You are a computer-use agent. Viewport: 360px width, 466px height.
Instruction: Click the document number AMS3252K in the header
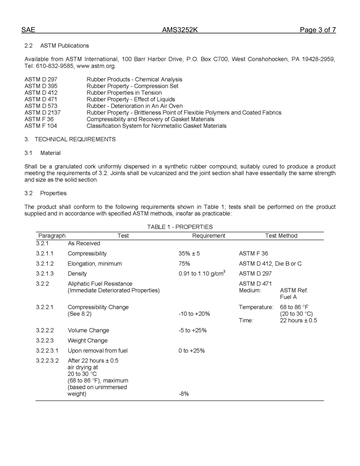click(x=180, y=30)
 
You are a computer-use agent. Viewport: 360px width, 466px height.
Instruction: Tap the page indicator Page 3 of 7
click(x=318, y=30)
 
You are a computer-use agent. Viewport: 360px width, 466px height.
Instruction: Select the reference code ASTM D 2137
click(x=42, y=113)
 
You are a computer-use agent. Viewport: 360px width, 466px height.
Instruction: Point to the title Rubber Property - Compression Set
click(x=132, y=86)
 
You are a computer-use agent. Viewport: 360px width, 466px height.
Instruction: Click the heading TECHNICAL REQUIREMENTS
click(x=75, y=139)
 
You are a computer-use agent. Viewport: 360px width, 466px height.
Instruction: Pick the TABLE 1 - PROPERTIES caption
click(x=180, y=227)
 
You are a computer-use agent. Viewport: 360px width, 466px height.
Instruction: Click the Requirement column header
click(x=208, y=236)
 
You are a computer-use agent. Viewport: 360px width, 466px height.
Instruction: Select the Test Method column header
click(x=281, y=236)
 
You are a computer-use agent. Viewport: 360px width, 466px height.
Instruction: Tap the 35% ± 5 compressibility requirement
click(x=189, y=253)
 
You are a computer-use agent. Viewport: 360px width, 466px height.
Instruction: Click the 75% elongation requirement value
click(x=184, y=264)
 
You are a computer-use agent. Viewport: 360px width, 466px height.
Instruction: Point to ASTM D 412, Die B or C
click(x=270, y=264)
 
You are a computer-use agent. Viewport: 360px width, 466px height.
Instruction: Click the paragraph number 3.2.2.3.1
click(x=47, y=351)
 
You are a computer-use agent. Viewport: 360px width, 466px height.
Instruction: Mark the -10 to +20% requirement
click(x=194, y=314)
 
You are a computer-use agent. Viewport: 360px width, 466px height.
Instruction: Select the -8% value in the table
click(x=183, y=394)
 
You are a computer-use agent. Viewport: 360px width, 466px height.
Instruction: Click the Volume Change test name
click(x=88, y=330)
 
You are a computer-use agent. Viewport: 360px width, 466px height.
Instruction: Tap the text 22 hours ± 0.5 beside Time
click(x=298, y=321)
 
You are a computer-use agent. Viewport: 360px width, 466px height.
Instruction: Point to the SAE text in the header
click(x=28, y=30)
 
